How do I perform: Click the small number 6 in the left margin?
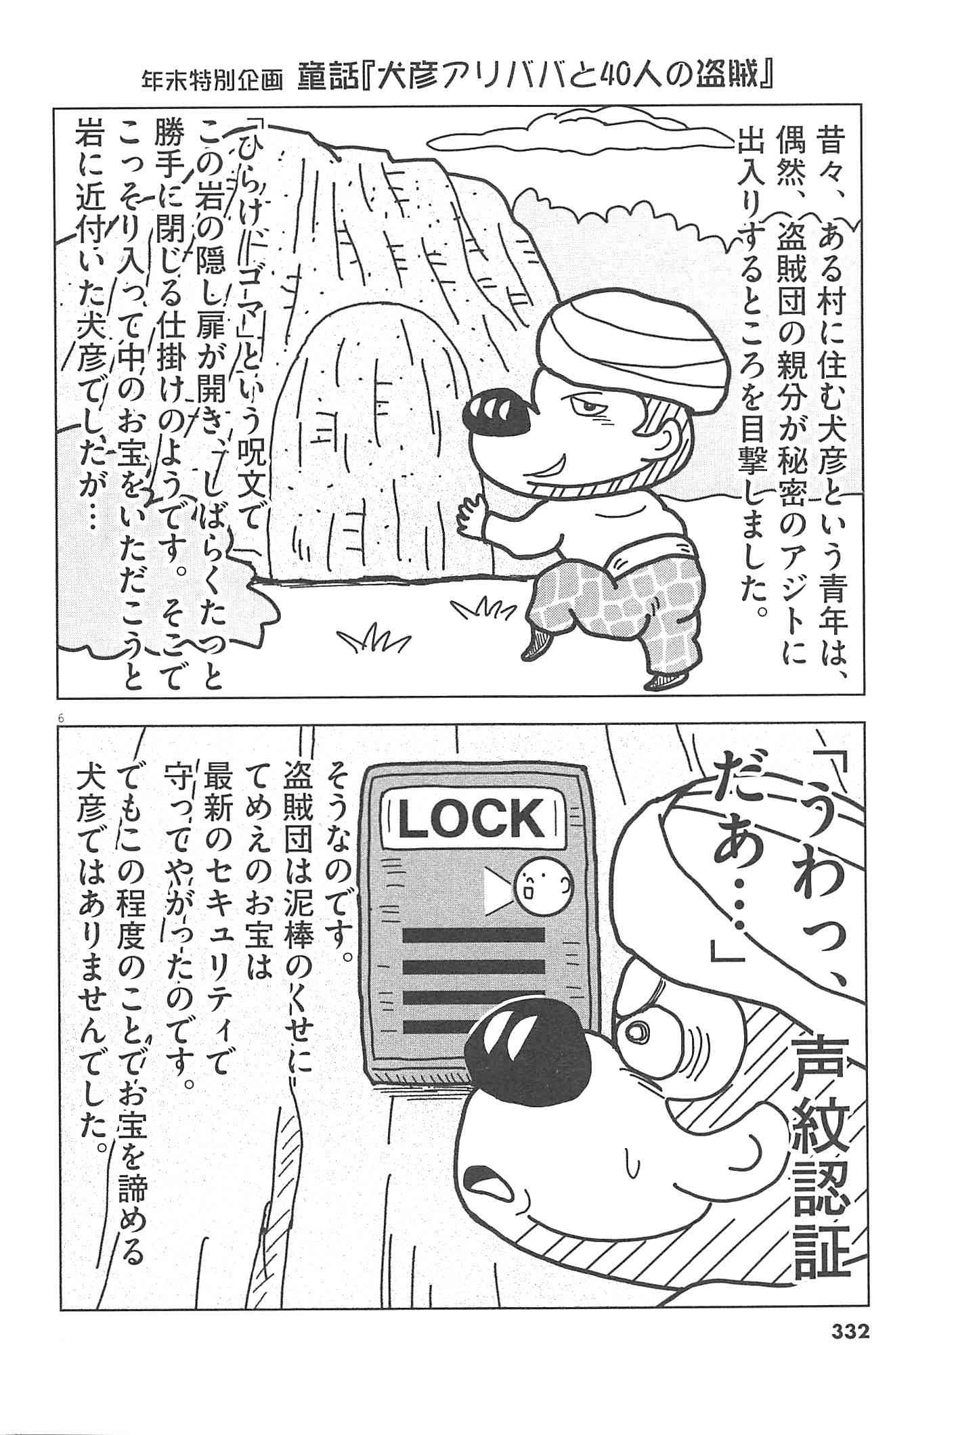62,720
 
